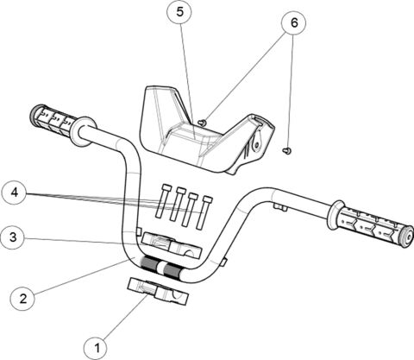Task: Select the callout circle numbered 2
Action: click(22, 298)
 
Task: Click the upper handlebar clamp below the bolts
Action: click(172, 243)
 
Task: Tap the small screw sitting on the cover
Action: click(201, 123)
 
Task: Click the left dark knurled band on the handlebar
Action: click(149, 263)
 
